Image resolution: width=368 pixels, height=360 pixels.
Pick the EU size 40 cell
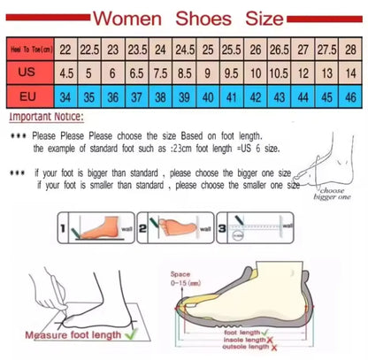[207, 96]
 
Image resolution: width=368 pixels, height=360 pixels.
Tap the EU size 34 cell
[65, 96]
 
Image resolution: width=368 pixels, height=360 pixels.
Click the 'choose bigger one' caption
[332, 194]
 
